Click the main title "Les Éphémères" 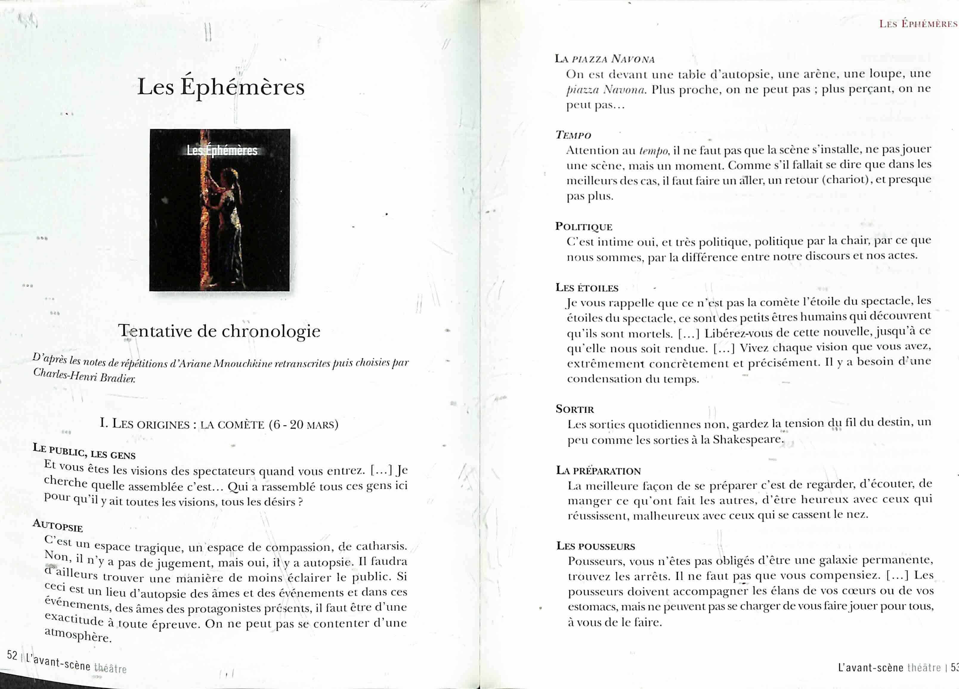coord(221,87)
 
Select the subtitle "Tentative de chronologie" coord(219,331)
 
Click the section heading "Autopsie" coord(58,525)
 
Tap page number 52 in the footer coord(12,655)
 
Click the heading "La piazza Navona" coord(605,59)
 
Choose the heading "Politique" coord(584,227)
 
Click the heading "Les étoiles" coord(587,288)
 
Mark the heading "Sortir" coord(575,409)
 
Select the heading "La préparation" coord(598,470)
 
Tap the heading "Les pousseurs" coord(595,546)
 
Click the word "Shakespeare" coord(748,440)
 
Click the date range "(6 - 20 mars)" coord(304,424)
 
